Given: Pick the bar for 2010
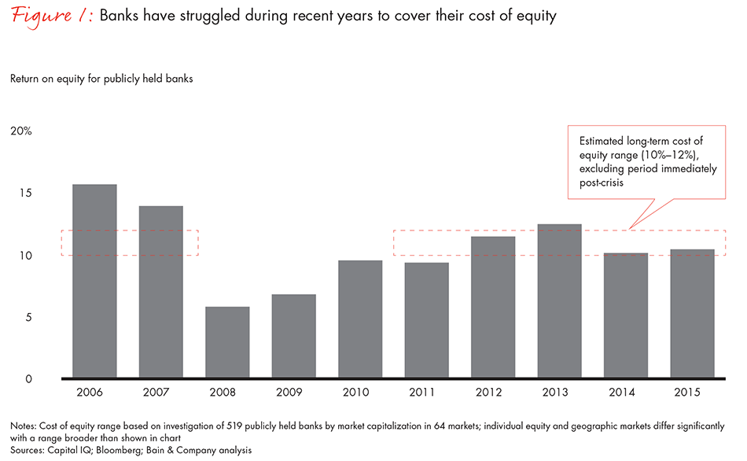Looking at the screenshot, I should pyautogui.click(x=360, y=319).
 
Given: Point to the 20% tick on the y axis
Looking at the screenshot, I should pyautogui.click(x=20, y=131).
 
